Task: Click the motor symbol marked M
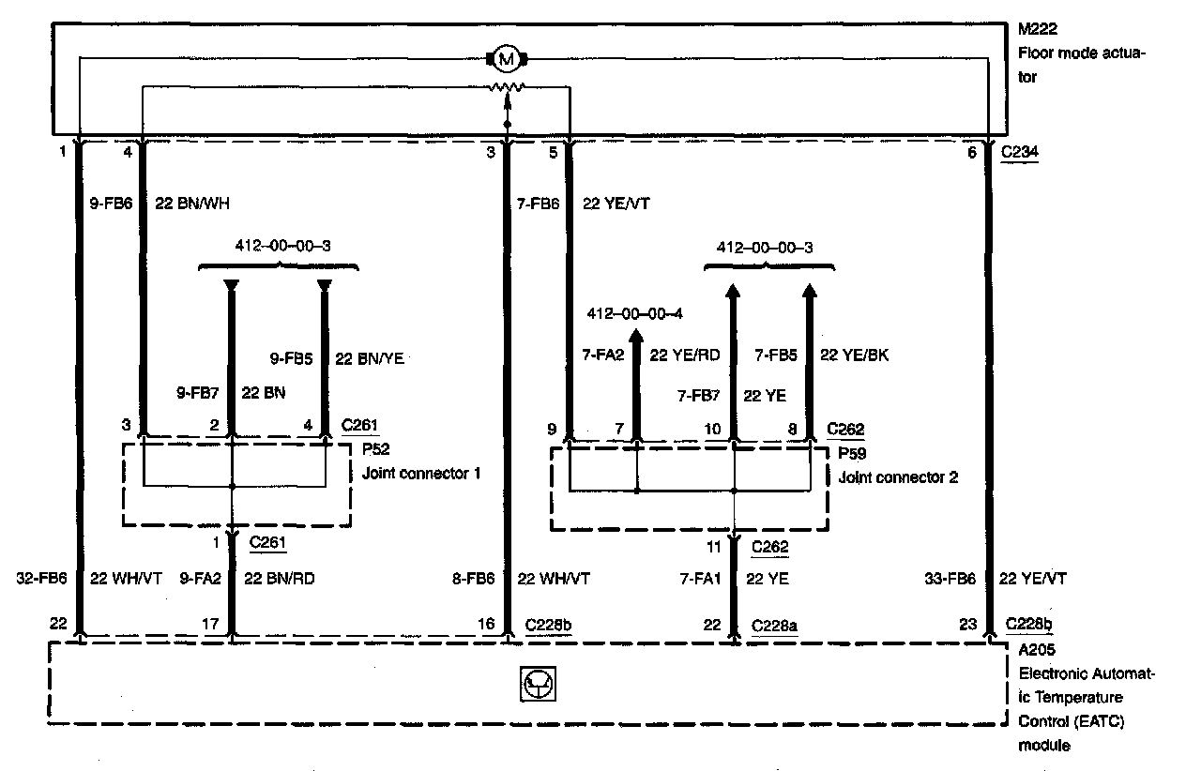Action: [x=508, y=60]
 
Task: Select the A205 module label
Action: [x=1034, y=650]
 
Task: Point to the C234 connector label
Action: [x=1019, y=152]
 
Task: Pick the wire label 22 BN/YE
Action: [x=370, y=358]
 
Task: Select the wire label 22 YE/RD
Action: [x=684, y=355]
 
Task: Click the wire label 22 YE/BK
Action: [x=854, y=355]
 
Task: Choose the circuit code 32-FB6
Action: [x=42, y=579]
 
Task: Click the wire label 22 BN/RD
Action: [x=279, y=579]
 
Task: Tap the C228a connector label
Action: [x=774, y=625]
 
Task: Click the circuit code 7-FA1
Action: [x=698, y=579]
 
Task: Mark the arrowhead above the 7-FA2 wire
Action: [x=636, y=336]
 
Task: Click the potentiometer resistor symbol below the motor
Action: [x=508, y=87]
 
